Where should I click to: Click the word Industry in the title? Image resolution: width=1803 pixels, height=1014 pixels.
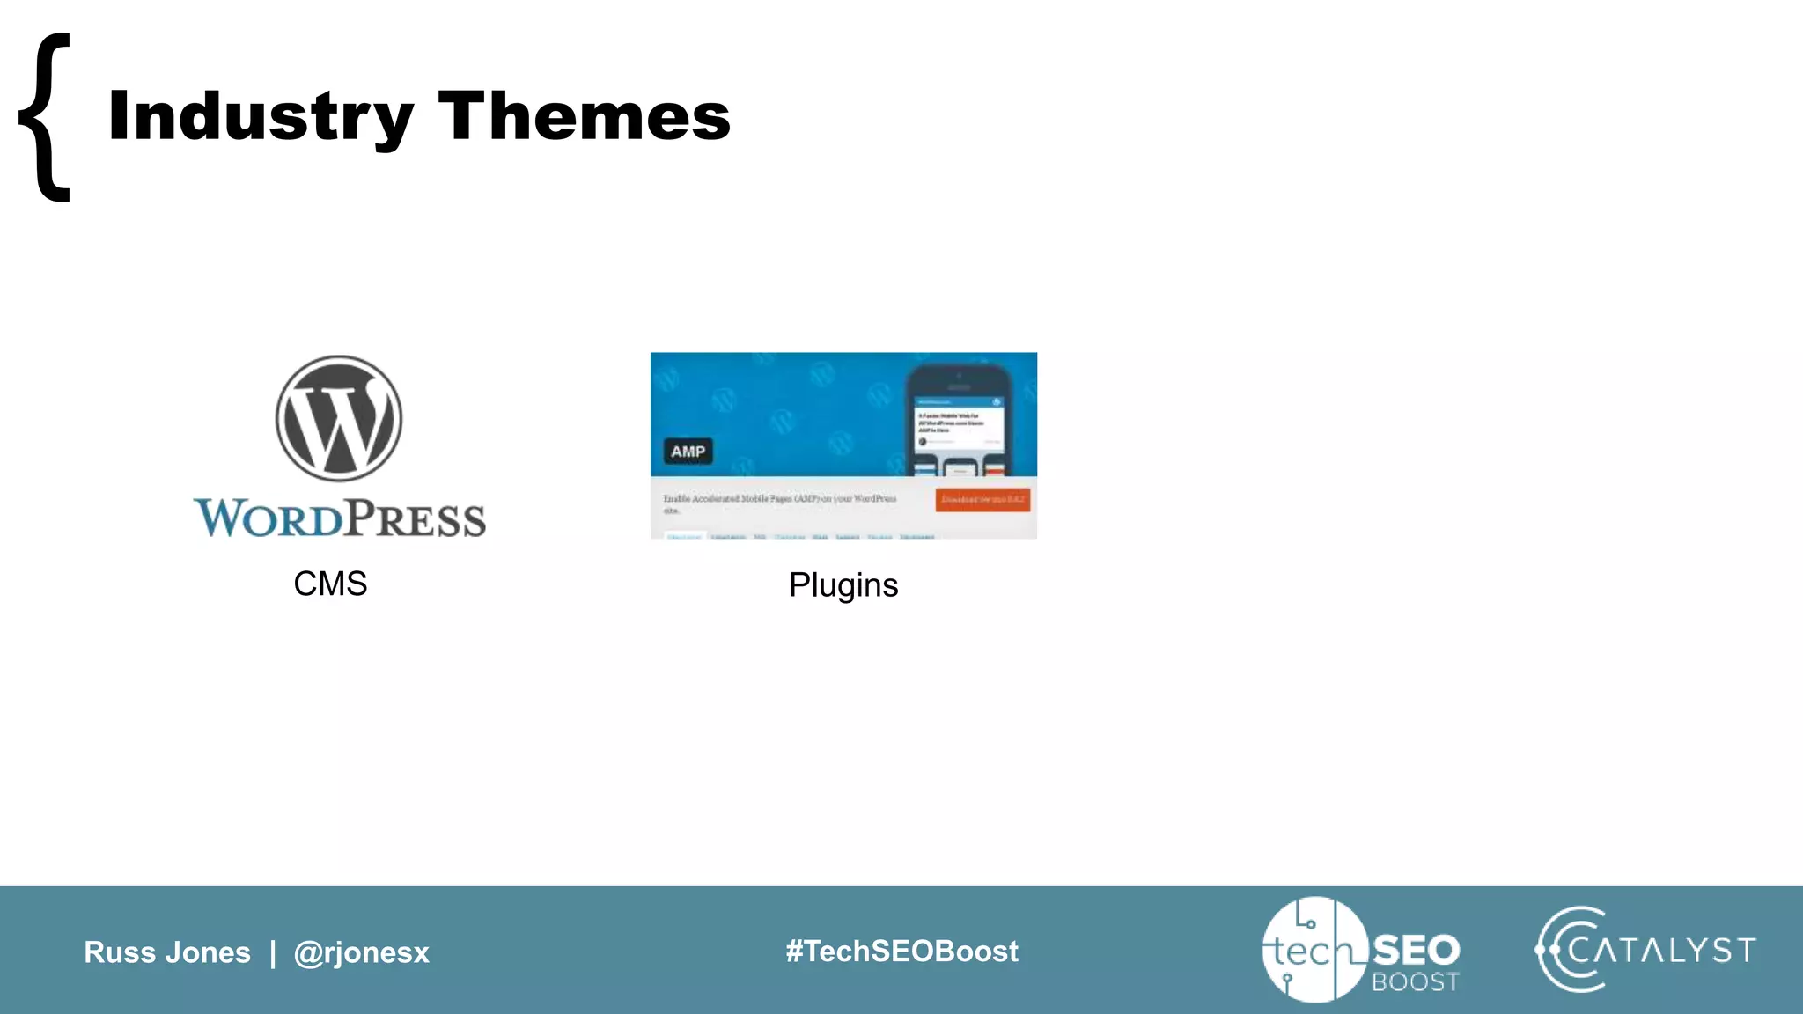(261, 116)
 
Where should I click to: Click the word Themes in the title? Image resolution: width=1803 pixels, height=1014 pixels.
(584, 116)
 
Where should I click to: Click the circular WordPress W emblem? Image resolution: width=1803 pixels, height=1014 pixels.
(339, 419)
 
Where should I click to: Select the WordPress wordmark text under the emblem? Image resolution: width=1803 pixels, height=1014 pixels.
(340, 518)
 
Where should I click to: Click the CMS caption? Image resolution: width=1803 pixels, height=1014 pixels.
(330, 584)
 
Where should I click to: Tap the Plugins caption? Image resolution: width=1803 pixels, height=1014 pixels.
(843, 586)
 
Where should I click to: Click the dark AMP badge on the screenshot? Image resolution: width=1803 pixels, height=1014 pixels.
(688, 452)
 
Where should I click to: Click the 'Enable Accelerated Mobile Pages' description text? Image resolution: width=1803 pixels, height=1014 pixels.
(779, 500)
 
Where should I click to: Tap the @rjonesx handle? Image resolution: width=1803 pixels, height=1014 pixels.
(361, 952)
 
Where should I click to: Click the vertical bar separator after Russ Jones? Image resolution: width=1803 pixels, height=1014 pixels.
(273, 952)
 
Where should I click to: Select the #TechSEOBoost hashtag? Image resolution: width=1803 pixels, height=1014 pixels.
(901, 952)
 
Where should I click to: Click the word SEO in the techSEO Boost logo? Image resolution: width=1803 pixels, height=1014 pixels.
(1416, 950)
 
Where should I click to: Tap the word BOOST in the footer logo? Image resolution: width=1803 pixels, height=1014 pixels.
(1415, 982)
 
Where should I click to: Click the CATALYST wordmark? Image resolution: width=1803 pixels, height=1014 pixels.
(1661, 951)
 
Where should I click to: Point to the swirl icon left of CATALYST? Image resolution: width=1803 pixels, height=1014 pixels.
(1567, 950)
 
